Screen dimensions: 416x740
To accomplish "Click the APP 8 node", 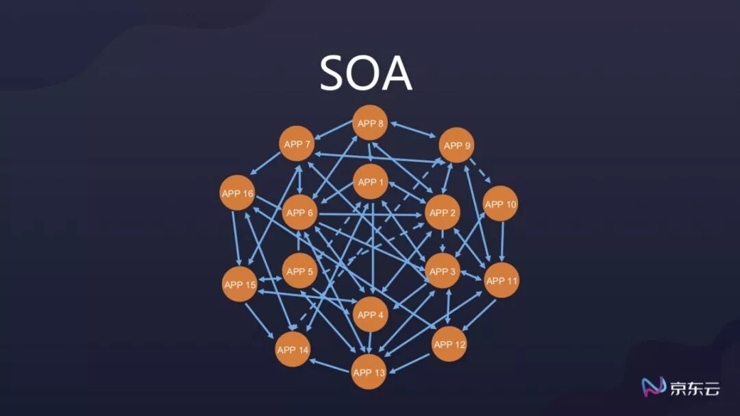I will pos(371,123).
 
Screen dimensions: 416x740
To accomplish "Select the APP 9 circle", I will pos(457,145).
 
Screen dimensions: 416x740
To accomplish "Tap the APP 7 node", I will pos(297,144).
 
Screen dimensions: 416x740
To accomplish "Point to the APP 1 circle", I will pos(371,182).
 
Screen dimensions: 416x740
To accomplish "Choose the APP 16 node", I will pos(238,194).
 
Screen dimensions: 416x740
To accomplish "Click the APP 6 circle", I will pos(299,212).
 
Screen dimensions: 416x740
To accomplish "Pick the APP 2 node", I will pos(442,212).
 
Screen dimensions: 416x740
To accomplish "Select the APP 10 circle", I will pos(500,204).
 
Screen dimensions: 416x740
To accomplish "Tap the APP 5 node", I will pos(299,271).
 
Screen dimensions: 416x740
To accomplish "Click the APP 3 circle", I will pos(443,271).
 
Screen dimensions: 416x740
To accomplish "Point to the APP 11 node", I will pos(502,280).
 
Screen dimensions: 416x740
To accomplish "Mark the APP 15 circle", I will pos(240,284).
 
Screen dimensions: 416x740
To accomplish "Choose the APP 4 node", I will pos(371,315).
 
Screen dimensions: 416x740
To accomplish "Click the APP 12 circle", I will pos(449,345).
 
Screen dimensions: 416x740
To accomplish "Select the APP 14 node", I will pos(293,350).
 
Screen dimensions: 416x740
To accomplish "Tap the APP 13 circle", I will pos(369,373).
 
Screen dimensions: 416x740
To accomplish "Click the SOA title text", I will pos(366,73).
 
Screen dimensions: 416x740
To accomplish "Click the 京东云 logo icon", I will pos(652,388).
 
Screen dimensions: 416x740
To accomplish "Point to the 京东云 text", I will pos(694,389).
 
